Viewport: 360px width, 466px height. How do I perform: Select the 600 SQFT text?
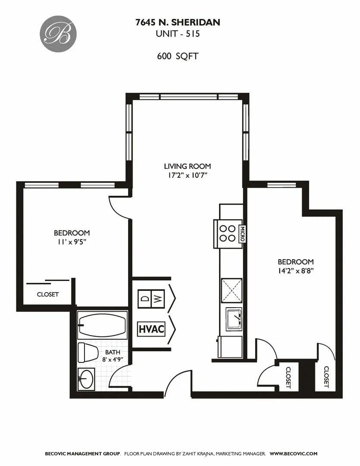[x=178, y=56]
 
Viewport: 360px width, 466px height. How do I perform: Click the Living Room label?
[x=187, y=166]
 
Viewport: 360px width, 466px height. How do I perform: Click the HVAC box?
[x=151, y=329]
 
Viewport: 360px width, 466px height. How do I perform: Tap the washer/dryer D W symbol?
[x=151, y=299]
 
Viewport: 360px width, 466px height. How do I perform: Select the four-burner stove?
[x=227, y=233]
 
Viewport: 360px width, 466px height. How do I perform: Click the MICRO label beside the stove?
[x=243, y=233]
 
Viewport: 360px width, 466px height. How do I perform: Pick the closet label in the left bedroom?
[x=48, y=295]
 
